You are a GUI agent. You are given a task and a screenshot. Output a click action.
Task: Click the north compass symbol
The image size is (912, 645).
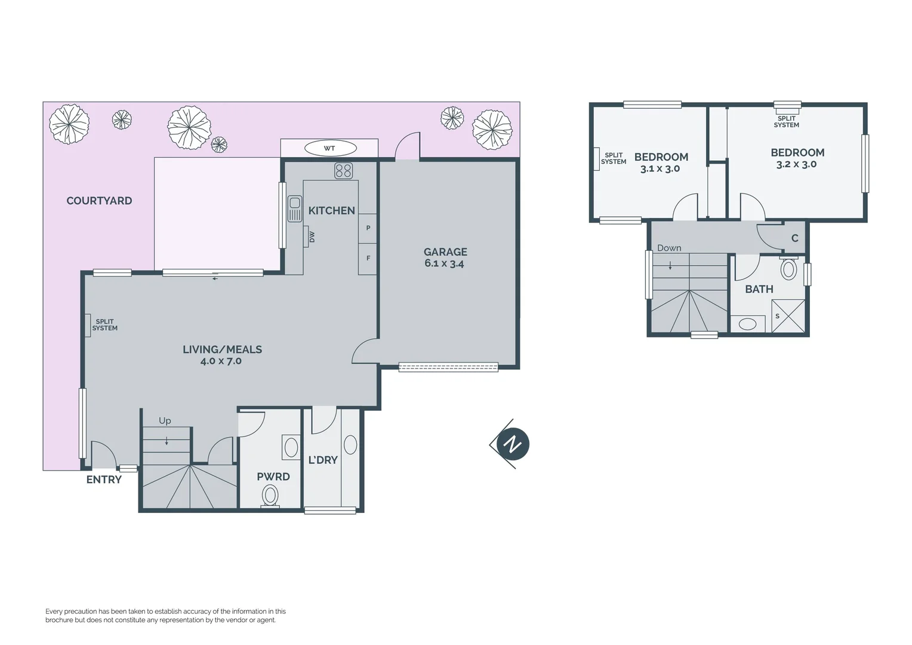(512, 444)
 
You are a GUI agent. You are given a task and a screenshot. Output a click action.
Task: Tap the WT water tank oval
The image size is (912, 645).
(329, 148)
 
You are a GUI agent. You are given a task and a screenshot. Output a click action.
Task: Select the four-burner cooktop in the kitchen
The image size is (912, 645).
(343, 171)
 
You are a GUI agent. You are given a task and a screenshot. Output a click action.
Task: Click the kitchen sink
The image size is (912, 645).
(295, 208)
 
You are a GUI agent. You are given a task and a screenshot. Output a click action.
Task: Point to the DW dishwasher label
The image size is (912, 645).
(312, 237)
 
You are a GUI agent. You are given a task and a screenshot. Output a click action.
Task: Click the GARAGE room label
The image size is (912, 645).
(445, 252)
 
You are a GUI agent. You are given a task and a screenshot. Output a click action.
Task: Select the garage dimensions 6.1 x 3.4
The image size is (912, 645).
(444, 263)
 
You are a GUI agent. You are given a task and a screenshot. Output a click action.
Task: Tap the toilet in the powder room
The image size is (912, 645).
(270, 496)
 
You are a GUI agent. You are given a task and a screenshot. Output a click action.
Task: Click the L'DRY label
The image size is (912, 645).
(323, 460)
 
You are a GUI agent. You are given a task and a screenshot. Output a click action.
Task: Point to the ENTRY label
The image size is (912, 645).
(104, 480)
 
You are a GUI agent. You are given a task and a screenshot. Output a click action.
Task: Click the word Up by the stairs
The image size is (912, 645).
(165, 421)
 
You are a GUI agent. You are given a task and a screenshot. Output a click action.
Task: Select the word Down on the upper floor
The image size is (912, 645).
(669, 248)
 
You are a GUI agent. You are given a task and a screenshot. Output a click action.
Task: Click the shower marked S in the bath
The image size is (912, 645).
(788, 316)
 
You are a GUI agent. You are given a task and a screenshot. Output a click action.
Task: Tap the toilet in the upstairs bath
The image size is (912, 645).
(788, 269)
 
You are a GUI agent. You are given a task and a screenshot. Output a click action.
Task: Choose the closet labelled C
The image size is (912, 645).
(794, 238)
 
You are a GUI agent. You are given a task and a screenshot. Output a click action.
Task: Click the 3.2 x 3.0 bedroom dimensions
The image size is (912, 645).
(796, 164)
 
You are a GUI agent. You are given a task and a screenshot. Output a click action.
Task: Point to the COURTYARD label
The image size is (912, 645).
(99, 201)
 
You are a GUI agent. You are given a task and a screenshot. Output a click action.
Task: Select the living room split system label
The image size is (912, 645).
(104, 325)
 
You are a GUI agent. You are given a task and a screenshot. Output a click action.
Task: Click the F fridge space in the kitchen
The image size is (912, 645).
(368, 259)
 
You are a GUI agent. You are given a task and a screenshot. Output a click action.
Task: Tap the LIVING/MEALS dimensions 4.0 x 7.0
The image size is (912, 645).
(221, 361)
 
